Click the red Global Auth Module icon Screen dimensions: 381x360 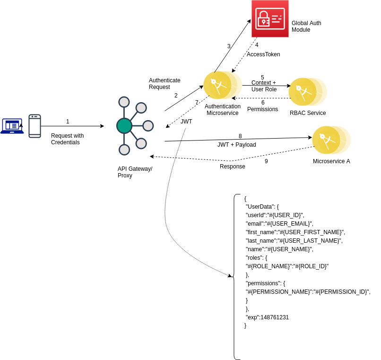[x=270, y=19]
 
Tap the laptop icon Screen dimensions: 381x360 [x=12, y=126]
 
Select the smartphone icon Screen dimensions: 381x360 [x=35, y=126]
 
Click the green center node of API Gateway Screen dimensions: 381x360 [x=124, y=126]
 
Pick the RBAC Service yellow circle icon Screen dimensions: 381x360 [x=308, y=92]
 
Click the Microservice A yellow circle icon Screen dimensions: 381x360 [x=331, y=140]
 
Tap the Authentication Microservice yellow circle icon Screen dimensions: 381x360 [x=222, y=85]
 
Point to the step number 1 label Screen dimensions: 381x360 [x=68, y=122]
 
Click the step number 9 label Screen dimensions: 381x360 [x=266, y=161]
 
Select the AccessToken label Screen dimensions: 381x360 [x=263, y=54]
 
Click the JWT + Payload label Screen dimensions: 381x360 [x=237, y=145]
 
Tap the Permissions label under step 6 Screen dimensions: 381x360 [x=263, y=109]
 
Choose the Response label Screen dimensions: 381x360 [x=233, y=167]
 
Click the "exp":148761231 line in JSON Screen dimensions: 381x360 [x=267, y=317]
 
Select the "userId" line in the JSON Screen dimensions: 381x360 [x=275, y=215]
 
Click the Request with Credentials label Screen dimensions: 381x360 [x=67, y=139]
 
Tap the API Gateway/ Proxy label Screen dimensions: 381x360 [x=135, y=172]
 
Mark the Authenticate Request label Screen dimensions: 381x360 [x=165, y=83]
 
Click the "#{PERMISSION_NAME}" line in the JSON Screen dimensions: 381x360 [x=308, y=292]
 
